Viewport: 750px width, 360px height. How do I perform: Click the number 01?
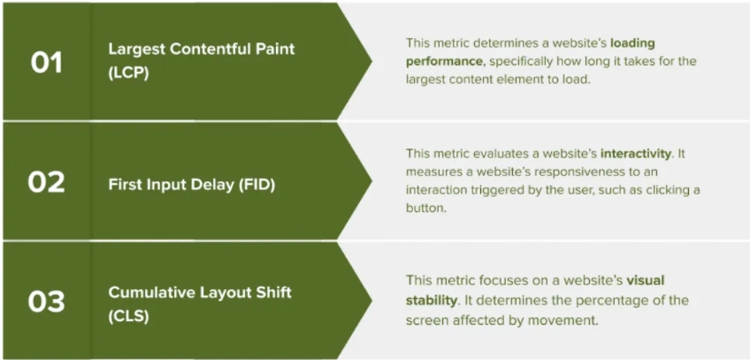tap(46, 63)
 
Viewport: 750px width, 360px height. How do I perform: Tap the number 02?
tap(46, 182)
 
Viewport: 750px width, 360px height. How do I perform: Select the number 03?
tap(46, 302)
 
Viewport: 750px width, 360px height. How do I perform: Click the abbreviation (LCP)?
tap(128, 74)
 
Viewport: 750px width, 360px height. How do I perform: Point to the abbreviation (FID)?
tap(256, 185)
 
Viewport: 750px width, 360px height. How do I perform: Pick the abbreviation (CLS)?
tap(128, 316)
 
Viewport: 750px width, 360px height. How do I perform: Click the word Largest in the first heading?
tap(132, 49)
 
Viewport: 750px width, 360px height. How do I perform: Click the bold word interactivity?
tap(636, 154)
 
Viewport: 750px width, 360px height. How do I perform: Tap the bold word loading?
tap(632, 43)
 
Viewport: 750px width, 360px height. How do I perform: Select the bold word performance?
tap(444, 61)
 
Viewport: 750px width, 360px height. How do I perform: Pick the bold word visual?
tap(646, 280)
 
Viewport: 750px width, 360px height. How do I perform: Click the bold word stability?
tap(431, 301)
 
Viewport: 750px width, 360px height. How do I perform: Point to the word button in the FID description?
tap(425, 209)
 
